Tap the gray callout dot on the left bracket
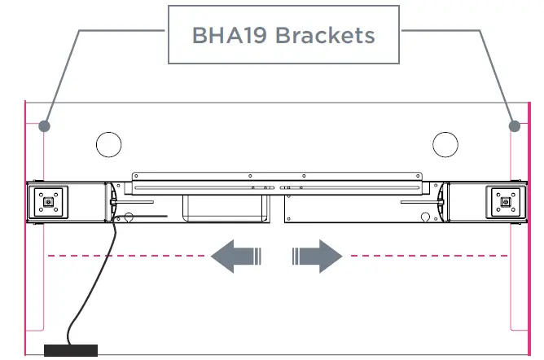(x=45, y=126)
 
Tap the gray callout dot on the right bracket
(x=514, y=126)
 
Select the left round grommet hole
(x=108, y=144)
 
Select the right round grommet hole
(x=445, y=144)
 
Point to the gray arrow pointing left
(x=235, y=257)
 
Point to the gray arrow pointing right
(x=317, y=257)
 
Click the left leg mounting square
(x=49, y=200)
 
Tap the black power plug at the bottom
(x=70, y=351)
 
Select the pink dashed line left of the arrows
(x=122, y=257)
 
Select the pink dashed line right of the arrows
(x=432, y=257)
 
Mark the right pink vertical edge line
(x=529, y=269)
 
